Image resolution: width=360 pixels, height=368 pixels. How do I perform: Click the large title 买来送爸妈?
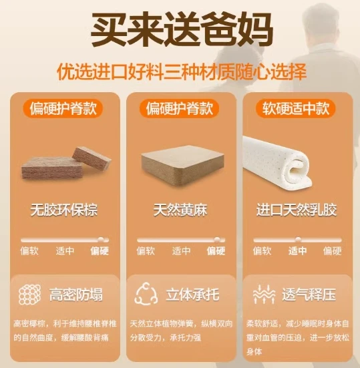[182, 29]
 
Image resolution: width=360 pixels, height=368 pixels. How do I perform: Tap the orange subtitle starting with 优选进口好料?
[182, 71]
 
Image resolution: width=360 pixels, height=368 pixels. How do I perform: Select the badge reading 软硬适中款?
[296, 108]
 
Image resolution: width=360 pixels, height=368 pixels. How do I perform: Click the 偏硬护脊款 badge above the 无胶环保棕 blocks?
[63, 108]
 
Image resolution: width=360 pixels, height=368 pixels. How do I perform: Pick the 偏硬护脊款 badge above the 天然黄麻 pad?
[180, 108]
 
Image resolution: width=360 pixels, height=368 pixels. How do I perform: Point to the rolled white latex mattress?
[278, 162]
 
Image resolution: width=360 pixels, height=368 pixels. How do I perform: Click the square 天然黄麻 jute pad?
[182, 166]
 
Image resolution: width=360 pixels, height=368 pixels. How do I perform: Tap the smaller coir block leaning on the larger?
[92, 157]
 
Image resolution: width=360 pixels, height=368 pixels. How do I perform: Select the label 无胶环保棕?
[64, 210]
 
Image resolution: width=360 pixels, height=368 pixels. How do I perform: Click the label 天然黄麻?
[180, 210]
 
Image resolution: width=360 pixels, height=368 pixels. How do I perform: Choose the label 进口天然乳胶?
[297, 210]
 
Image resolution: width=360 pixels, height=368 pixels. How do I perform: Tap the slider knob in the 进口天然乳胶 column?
[298, 240]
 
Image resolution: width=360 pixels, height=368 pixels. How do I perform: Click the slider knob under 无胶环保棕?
[101, 240]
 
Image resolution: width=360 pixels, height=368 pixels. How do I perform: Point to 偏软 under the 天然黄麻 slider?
[146, 251]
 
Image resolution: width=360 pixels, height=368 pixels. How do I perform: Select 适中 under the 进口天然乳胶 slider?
[298, 251]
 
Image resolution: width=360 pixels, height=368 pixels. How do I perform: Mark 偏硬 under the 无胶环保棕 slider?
[100, 251]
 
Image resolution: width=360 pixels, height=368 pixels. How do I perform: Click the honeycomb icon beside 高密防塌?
[29, 295]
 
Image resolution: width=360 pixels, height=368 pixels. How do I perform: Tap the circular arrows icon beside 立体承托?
[146, 294]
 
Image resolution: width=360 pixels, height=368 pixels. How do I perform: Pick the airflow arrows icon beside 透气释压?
[264, 295]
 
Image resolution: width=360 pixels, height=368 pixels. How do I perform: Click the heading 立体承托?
[192, 295]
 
